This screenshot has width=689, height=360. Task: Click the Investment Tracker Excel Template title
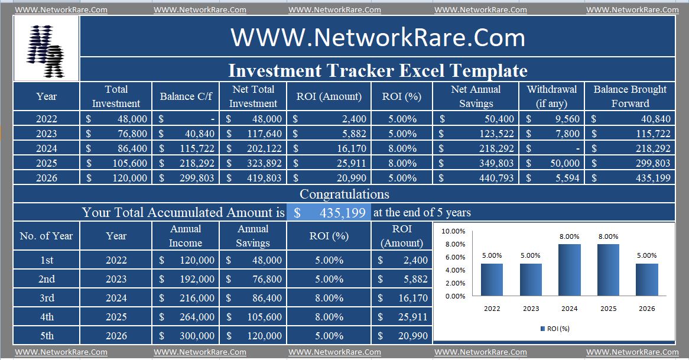point(378,70)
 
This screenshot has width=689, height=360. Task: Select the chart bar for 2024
point(570,270)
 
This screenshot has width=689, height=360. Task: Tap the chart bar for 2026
point(646,279)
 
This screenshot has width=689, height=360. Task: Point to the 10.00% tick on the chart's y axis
point(454,231)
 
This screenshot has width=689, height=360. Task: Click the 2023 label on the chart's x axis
point(531,308)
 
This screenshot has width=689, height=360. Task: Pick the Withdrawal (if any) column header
point(552,96)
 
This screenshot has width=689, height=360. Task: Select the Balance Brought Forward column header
point(630,96)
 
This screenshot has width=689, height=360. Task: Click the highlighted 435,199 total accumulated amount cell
point(329,213)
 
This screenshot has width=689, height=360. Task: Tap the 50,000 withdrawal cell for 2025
point(552,163)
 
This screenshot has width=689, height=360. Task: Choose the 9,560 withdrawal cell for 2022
point(552,119)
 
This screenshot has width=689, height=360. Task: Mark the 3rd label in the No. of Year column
point(47,298)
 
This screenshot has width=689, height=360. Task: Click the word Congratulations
point(344,194)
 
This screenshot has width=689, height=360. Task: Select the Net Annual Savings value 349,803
point(476,163)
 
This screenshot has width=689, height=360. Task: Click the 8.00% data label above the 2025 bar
point(608,236)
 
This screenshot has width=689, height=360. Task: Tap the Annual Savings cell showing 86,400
point(253,298)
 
